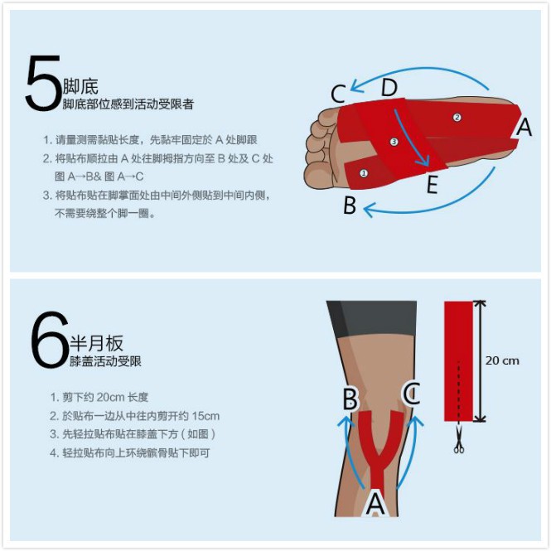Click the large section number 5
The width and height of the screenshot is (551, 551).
(43, 84)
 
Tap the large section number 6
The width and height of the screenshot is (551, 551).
(49, 340)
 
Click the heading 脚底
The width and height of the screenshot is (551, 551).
(80, 86)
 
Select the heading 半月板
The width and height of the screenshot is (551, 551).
(97, 343)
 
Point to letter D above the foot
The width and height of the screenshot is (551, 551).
(389, 88)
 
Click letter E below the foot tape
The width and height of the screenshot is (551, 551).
(433, 185)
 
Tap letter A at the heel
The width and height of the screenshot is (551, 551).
(524, 127)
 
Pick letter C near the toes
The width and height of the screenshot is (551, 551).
(338, 94)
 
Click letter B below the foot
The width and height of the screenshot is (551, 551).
(350, 205)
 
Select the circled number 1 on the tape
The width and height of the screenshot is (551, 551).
(364, 173)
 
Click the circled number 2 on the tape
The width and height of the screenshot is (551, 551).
(457, 118)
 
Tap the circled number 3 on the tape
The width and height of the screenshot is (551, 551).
(394, 142)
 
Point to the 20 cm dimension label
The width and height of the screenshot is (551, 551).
(502, 360)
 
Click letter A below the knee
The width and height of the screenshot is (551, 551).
(375, 504)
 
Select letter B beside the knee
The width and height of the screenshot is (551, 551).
(350, 399)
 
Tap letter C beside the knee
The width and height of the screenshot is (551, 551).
(412, 394)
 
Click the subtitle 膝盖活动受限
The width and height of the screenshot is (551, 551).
(105, 361)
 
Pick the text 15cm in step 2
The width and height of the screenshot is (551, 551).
(205, 416)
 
